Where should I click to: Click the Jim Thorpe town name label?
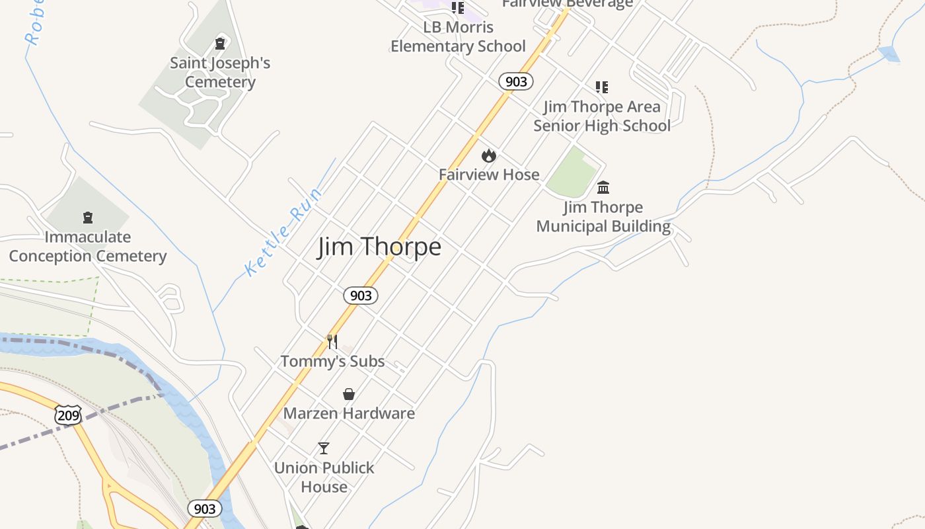379,247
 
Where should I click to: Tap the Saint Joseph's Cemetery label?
220,73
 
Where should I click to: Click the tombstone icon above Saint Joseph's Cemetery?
220,44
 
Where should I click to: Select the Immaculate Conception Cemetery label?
87,247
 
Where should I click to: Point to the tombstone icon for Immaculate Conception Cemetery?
87,218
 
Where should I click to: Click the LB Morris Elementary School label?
458,37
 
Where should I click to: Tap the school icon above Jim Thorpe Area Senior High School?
601,87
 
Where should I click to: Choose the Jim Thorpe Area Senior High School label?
602,116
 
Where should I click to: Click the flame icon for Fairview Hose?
489,155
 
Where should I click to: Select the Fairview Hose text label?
489,175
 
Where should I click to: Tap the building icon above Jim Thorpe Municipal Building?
603,187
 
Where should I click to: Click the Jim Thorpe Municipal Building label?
603,217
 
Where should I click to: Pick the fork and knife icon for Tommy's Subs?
332,342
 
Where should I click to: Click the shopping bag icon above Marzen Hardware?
349,394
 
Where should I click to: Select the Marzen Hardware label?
349,413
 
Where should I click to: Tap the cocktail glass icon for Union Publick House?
324,448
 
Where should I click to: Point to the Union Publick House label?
324,477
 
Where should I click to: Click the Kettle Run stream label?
283,231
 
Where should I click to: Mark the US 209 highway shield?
68,415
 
